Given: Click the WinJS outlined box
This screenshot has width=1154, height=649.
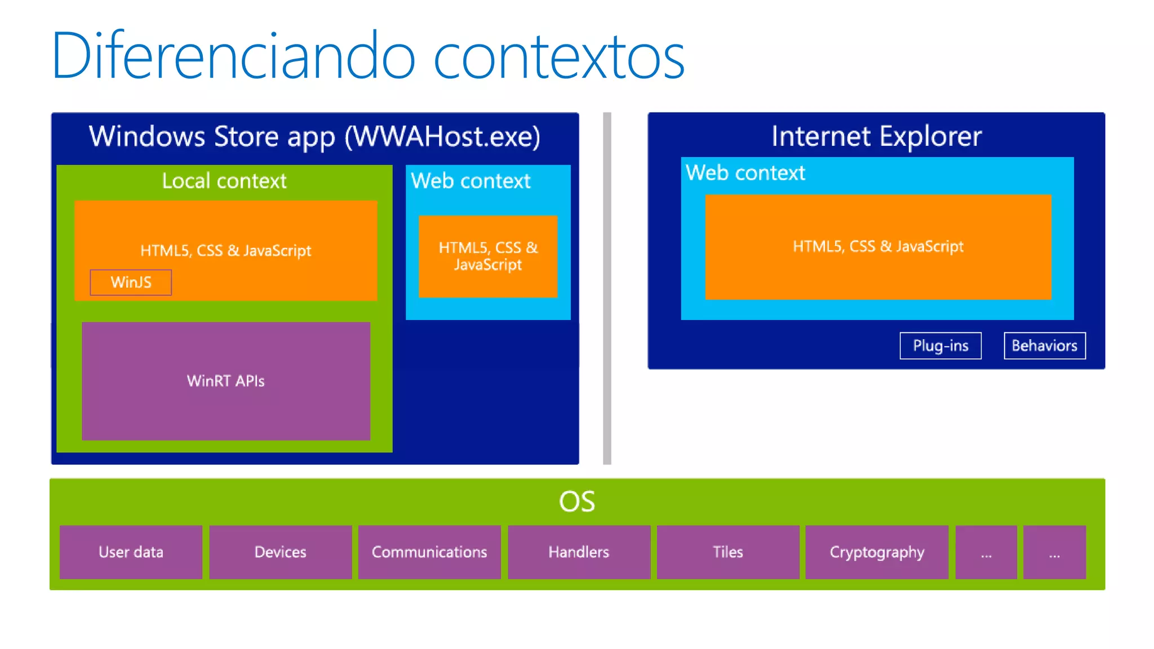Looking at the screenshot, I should pos(131,282).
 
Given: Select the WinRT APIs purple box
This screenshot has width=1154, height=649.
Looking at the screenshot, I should pos(226,381).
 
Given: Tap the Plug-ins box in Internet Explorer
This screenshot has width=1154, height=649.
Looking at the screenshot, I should pos(940,345).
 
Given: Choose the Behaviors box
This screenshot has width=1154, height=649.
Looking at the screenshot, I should pos(1044,345).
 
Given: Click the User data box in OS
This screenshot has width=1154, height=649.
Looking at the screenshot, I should pos(131,552).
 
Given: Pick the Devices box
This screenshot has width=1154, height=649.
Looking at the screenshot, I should pos(280,552).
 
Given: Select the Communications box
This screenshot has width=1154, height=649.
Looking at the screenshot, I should pos(429,552).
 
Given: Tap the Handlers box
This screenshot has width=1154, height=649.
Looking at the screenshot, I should pos(579,552).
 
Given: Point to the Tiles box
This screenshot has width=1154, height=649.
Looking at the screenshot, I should pos(727,552).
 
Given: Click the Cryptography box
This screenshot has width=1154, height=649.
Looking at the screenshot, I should pos(877,552).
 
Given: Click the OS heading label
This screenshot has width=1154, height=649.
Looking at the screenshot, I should pos(576,501).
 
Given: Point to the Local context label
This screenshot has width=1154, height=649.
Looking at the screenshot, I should pos(224,181).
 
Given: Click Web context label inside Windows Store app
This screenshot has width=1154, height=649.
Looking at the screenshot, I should pos(471,181).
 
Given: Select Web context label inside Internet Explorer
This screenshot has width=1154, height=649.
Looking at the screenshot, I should pos(745,173).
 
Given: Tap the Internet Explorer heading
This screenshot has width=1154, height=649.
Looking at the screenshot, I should pos(876,136).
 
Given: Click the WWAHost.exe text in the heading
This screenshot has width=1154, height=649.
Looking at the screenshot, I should pos(442,137).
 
